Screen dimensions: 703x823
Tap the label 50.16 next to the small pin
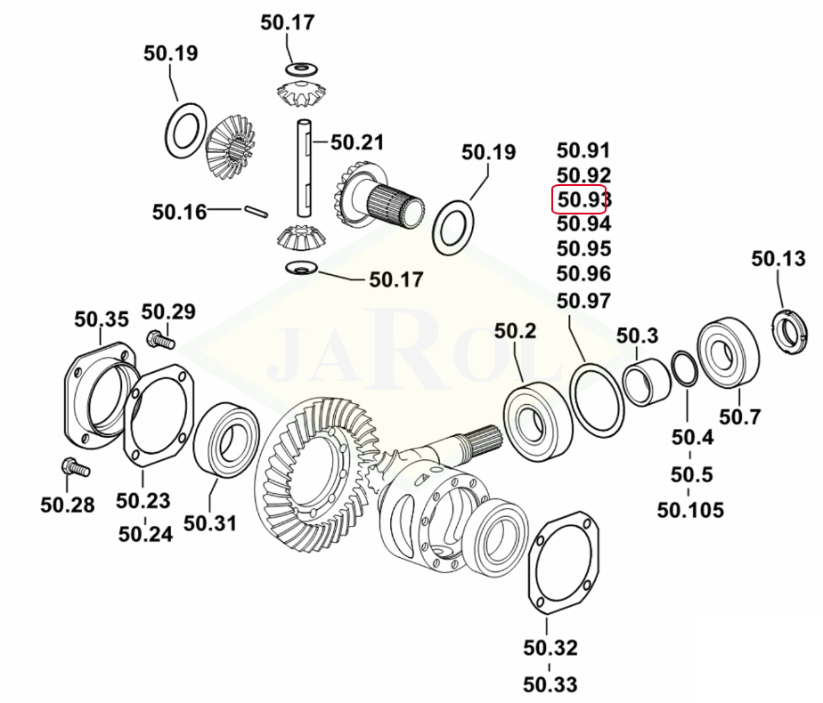pos(179,212)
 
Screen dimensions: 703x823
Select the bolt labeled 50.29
pos(160,339)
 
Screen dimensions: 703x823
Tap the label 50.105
pos(690,510)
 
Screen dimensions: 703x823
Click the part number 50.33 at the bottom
pos(550,684)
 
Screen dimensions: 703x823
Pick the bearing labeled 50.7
pos(729,353)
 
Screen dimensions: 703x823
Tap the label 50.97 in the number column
pos(583,301)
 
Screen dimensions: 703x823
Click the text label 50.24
pos(144,534)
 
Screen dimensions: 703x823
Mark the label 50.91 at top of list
pos(583,150)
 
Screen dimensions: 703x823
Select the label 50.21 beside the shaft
pos(357,142)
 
